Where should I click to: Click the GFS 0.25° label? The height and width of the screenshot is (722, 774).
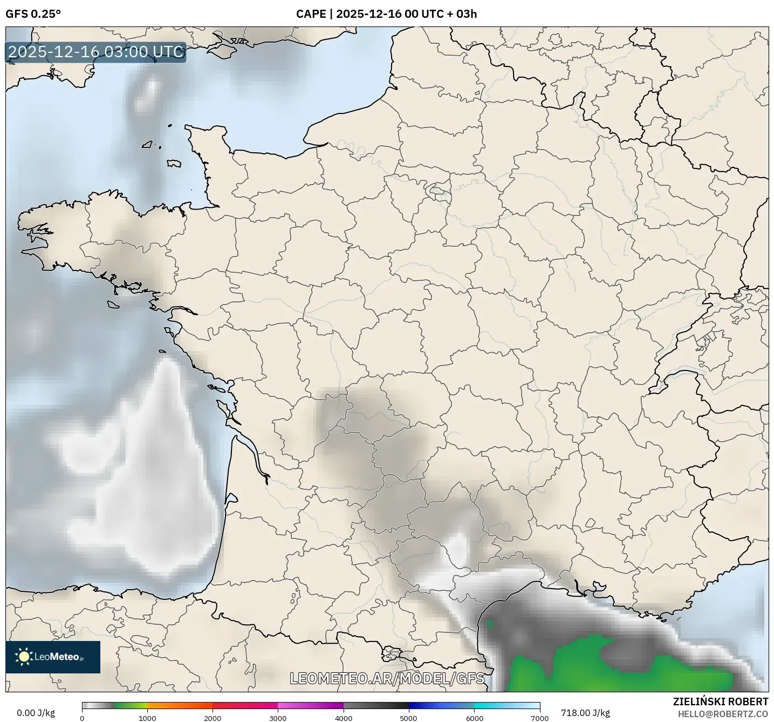[x=33, y=14]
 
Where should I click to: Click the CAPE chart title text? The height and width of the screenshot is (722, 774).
[x=386, y=14]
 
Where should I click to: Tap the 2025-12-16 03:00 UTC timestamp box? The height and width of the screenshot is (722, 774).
[x=96, y=52]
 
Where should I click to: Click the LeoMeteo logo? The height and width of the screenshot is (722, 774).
[x=53, y=657]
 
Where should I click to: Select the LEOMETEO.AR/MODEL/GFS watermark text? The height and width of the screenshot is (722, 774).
[x=387, y=678]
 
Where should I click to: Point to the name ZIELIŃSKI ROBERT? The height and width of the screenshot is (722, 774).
[x=721, y=701]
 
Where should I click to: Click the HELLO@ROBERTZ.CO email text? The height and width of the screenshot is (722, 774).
[x=723, y=714]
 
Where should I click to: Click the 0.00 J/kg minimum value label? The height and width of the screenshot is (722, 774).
[x=36, y=713]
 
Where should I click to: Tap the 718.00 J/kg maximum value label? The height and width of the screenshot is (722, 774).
[x=585, y=713]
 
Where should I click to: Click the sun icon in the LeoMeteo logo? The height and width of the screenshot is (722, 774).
[x=24, y=657]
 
